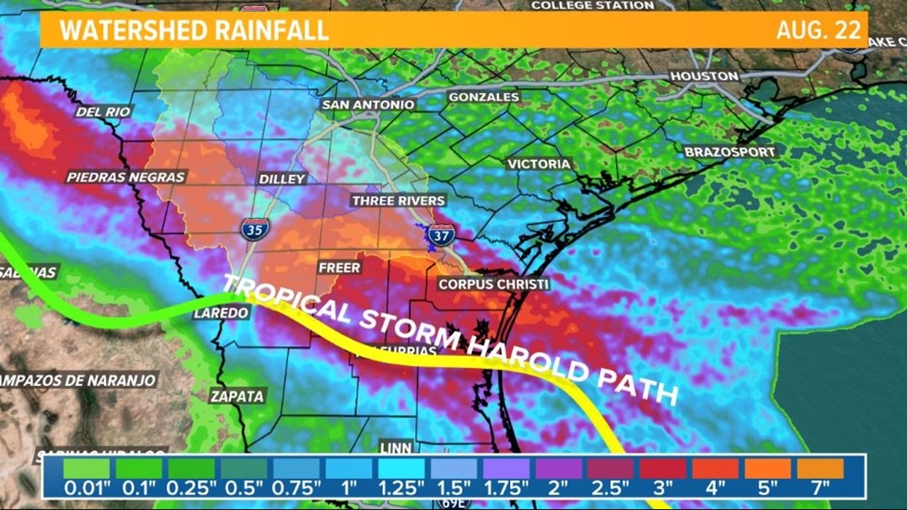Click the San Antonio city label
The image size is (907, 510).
(x=368, y=104)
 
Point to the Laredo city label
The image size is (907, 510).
(x=221, y=313)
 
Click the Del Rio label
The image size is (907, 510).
(x=103, y=112)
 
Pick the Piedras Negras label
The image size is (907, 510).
(x=126, y=177)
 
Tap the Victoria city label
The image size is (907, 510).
(x=539, y=164)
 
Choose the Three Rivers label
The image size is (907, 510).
(x=399, y=200)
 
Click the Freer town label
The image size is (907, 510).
(x=339, y=267)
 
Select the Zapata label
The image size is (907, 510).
(x=236, y=395)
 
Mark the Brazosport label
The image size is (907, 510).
(x=723, y=151)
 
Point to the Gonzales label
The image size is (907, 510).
(x=484, y=97)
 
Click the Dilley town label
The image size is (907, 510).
(x=282, y=179)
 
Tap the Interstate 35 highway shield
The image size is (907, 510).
(x=255, y=229)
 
